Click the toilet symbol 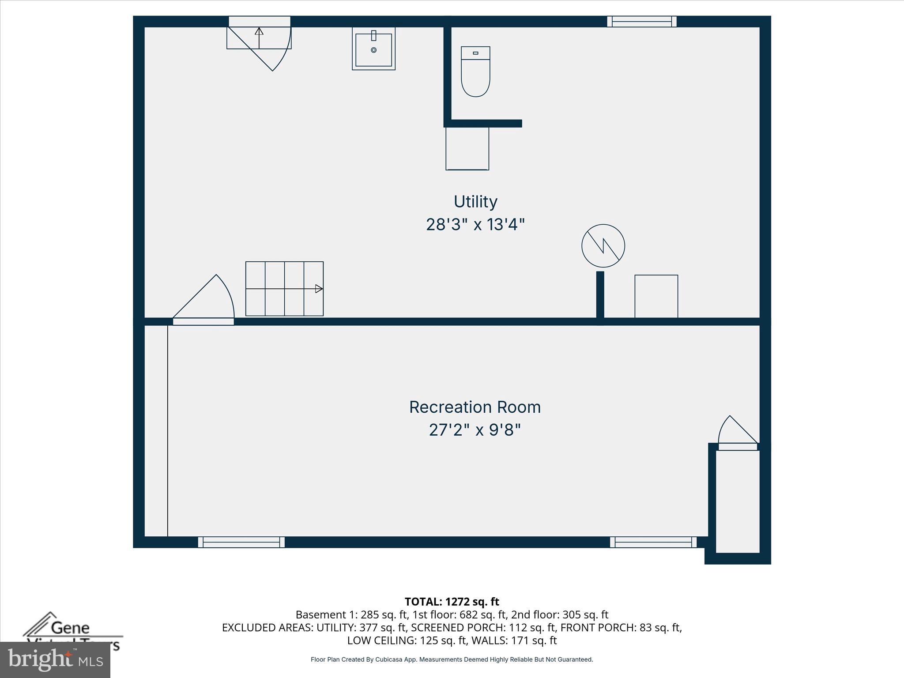pos(475,72)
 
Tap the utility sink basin pos(373,49)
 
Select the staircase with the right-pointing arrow pos(284,289)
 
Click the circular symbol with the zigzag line pos(603,246)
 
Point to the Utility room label pos(475,202)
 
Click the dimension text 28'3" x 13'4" pos(475,225)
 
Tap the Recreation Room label pos(475,407)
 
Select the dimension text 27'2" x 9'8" pos(475,429)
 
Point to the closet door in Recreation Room pos(737,435)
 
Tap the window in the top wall pos(641,22)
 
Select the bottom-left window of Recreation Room pos(241,542)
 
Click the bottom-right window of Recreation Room pos(653,542)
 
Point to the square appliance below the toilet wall pos(467,149)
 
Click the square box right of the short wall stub pos(656,296)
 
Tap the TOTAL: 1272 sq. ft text pos(452,602)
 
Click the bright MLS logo pos(55,660)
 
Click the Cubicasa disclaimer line pos(452,659)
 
